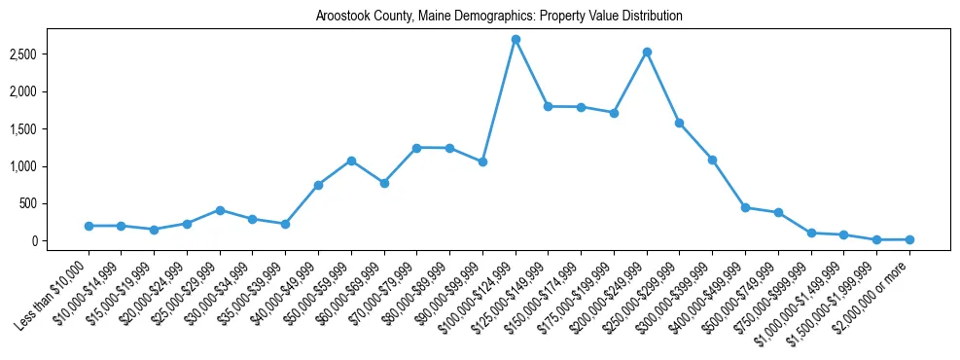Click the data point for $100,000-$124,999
(x=516, y=39)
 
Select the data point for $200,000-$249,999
(x=647, y=52)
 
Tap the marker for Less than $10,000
(x=89, y=226)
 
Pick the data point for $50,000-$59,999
(x=351, y=161)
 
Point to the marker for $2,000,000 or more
(x=909, y=239)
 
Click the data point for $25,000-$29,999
(x=220, y=210)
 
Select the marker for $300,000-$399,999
(x=713, y=160)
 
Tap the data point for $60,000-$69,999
(x=384, y=183)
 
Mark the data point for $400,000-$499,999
(x=745, y=207)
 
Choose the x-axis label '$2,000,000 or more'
(x=877, y=287)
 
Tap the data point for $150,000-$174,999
(x=581, y=107)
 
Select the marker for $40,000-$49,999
(x=318, y=185)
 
